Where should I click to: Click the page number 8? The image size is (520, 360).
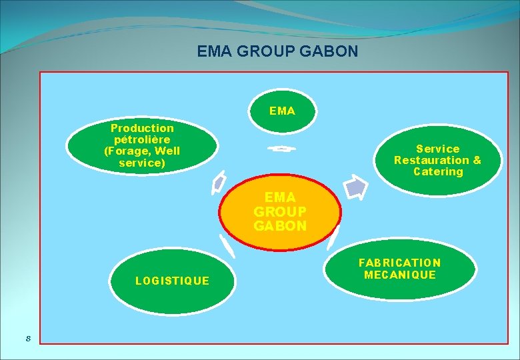point(28,338)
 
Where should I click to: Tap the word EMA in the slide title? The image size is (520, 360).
point(215,51)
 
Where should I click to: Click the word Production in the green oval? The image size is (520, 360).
point(142,128)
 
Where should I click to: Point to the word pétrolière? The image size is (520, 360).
point(142,139)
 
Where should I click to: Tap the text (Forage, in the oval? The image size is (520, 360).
point(127,151)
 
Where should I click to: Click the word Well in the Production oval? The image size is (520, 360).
point(167,151)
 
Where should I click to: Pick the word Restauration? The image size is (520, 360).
point(431,160)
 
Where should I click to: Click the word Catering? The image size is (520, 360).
point(438,172)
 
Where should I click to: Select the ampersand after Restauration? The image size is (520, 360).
point(476,160)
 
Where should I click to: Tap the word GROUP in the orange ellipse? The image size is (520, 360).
point(280,211)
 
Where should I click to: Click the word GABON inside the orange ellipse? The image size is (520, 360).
point(280,226)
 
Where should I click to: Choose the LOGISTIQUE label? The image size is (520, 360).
point(172,281)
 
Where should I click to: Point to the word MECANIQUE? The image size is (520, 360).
point(400,275)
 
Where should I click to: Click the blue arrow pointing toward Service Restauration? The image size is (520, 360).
point(357,187)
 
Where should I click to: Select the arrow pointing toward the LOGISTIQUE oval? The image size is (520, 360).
point(228,247)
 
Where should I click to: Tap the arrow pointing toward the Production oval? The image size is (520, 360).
point(218,183)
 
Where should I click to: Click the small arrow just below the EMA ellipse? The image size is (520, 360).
point(281,149)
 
